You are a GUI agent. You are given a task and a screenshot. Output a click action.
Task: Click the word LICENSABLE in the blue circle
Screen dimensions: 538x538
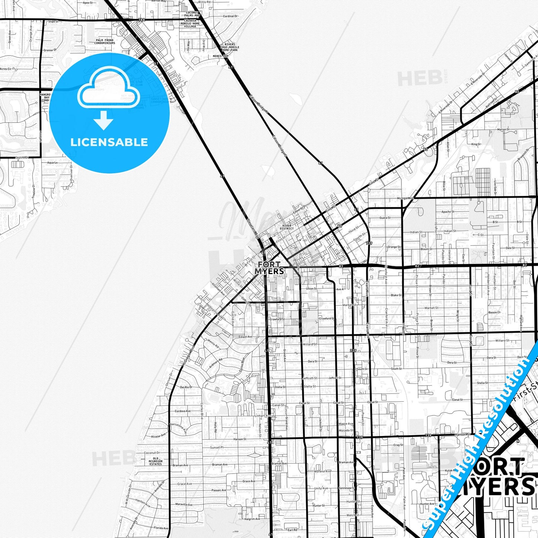tap(109, 142)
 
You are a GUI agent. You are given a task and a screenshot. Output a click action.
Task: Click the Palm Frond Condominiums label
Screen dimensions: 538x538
tap(105, 41)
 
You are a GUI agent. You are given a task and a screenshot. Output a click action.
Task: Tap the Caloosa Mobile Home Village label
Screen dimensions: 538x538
tap(190, 23)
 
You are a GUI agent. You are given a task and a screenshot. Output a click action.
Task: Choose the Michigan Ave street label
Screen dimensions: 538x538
tap(405, 198)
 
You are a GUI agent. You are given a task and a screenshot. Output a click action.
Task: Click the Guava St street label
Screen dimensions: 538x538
tap(385, 218)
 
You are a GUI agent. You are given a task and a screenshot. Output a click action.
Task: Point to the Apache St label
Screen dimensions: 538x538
tap(448, 212)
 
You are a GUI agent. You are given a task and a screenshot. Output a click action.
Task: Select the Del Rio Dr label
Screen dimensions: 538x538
tap(186, 387)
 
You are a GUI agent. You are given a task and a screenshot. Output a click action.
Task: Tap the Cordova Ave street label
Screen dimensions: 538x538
tap(183, 411)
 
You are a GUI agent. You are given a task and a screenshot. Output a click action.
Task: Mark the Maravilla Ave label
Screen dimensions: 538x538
tap(184, 505)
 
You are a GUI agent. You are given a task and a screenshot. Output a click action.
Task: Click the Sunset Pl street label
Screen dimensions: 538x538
tap(217, 448)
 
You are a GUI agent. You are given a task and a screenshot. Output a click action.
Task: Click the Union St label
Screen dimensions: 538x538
tap(311, 289)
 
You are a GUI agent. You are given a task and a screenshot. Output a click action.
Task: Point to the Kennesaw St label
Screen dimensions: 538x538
tap(347, 488)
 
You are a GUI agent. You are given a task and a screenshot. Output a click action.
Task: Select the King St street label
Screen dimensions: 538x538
tap(476, 144)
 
